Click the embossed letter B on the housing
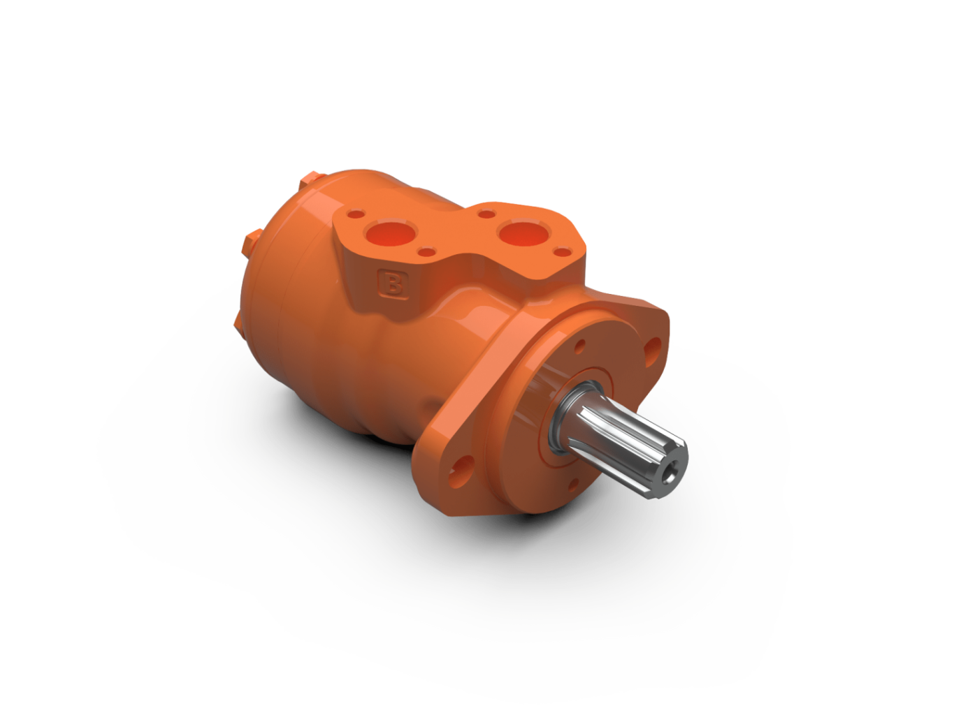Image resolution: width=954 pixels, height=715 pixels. pyautogui.click(x=393, y=285)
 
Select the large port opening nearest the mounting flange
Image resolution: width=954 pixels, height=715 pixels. pyautogui.click(x=525, y=233)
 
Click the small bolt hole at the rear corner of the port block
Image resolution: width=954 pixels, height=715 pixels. pyautogui.click(x=357, y=214)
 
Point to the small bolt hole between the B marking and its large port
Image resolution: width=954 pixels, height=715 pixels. pyautogui.click(x=428, y=252)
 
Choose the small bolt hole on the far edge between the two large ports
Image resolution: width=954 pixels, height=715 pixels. pyautogui.click(x=486, y=214)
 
